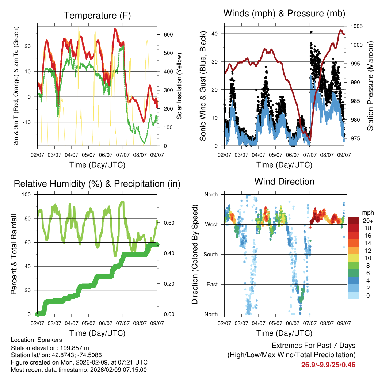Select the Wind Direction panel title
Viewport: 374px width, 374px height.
(x=284, y=182)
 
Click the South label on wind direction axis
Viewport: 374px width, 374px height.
(x=211, y=254)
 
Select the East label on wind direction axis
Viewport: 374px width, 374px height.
(x=212, y=284)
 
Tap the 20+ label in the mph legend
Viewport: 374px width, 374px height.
(x=368, y=221)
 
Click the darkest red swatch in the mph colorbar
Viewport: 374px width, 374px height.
(x=354, y=221)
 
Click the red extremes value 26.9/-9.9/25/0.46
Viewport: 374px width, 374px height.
(x=328, y=365)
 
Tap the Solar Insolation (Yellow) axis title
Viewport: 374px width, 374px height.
(x=179, y=86)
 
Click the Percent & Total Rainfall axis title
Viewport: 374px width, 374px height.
(x=14, y=254)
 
